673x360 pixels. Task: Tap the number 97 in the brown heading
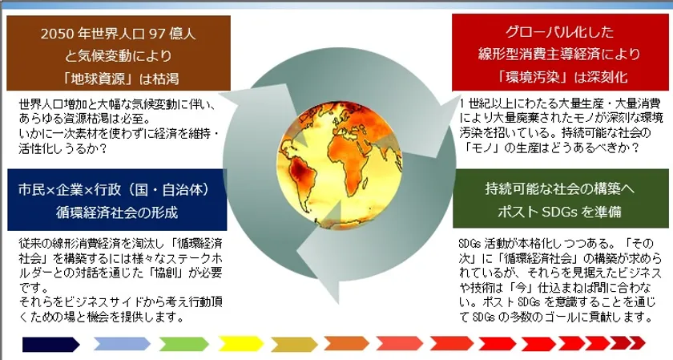point(155,34)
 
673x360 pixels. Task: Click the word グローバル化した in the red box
point(559,31)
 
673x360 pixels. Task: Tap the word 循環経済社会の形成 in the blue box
point(117,212)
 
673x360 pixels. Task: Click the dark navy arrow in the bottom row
point(51,344)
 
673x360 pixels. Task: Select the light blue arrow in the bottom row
point(122,344)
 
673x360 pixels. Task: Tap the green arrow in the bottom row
point(183,344)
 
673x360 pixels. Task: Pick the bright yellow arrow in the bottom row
point(241,344)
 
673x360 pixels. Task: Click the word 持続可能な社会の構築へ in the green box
point(560,188)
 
